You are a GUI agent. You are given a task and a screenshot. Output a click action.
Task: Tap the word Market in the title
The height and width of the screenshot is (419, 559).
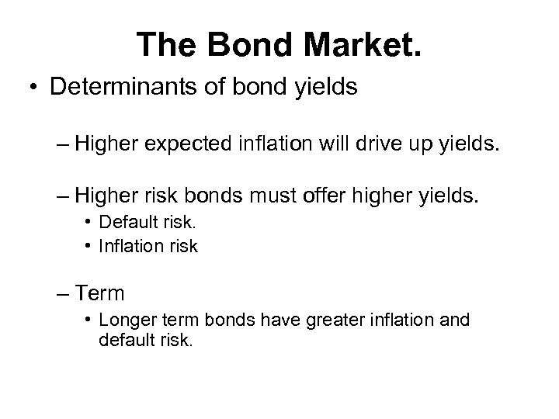[356, 46]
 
